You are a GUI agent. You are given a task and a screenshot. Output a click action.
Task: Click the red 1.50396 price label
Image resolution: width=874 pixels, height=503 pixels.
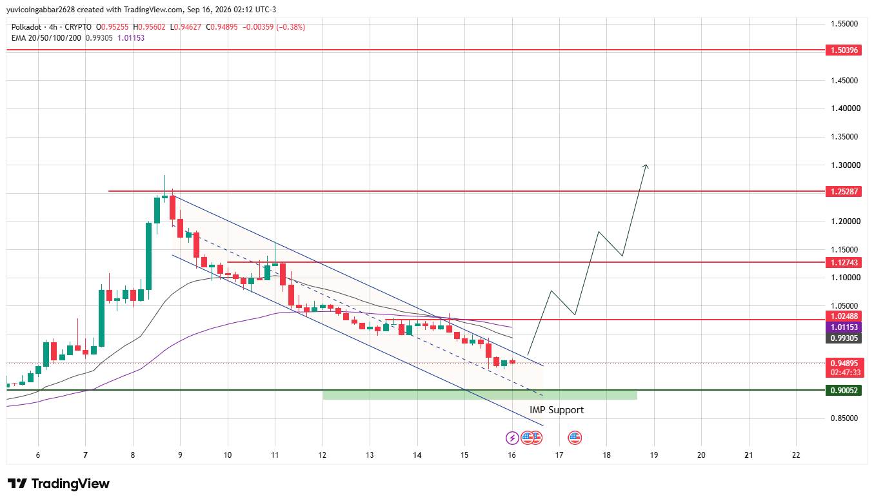point(843,50)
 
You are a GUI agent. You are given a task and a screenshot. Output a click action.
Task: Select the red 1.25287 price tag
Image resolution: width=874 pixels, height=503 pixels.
point(843,191)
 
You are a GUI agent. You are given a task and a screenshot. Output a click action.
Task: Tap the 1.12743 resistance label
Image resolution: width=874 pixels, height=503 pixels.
point(843,262)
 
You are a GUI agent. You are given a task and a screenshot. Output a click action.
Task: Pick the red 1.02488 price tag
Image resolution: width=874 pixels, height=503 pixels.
point(843,316)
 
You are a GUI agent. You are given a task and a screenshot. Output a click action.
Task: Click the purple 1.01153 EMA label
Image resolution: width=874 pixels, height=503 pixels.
point(843,327)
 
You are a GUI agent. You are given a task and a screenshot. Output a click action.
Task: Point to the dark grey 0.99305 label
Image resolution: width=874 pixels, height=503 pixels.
point(843,338)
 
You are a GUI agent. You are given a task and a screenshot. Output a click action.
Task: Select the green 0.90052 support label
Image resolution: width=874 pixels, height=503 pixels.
point(843,390)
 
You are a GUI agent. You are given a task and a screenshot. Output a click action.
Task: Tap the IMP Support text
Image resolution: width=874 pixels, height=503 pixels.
point(557,410)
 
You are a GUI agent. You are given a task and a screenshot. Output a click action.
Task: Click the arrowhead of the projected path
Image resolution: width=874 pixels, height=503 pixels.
point(646,165)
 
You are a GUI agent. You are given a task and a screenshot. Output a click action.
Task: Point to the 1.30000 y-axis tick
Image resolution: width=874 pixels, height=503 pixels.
point(846,165)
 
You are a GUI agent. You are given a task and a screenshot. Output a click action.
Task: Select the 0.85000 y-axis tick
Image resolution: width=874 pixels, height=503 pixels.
point(844,418)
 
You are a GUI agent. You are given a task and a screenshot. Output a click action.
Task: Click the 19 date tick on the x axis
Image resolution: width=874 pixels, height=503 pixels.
point(654,455)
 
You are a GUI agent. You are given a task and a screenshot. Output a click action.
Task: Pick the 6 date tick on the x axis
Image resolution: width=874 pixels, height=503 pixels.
point(38,455)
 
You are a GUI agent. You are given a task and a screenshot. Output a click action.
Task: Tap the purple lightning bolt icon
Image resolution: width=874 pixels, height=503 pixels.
point(512,438)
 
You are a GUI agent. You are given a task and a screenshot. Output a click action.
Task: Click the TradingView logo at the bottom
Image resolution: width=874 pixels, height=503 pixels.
point(59,484)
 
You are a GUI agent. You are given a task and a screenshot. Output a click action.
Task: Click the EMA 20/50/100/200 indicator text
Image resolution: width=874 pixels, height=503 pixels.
point(46,38)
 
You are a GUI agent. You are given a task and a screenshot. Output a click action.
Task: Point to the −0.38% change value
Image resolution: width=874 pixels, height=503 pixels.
point(291,27)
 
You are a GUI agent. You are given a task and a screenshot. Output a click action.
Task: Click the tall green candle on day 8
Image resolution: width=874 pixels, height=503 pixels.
point(148,256)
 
